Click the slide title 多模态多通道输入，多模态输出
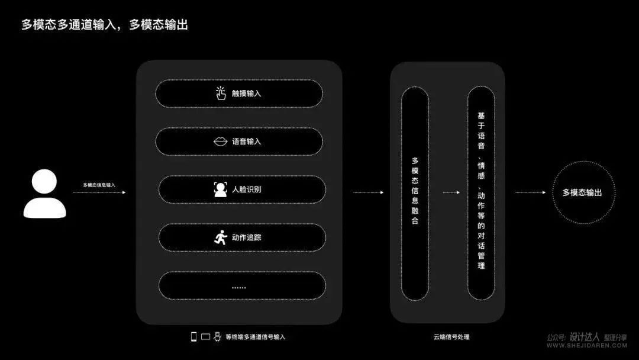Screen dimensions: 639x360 tap(105, 25)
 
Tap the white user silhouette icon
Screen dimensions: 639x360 tap(44, 194)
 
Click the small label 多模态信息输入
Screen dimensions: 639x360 tap(99, 185)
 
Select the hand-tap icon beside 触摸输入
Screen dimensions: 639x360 tap(221, 94)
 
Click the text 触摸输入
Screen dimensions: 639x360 tap(246, 94)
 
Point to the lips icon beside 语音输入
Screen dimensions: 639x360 tap(221, 142)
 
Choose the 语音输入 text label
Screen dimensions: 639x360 tap(246, 142)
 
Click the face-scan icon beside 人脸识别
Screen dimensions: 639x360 tap(221, 189)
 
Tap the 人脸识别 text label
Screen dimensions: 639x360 tap(246, 189)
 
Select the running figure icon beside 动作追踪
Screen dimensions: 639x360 tap(221, 237)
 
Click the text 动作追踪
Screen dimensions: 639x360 tap(246, 237)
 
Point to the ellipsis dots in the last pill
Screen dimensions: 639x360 tap(239, 288)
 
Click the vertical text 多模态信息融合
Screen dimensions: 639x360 tap(415, 191)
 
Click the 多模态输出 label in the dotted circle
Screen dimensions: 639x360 tap(582, 192)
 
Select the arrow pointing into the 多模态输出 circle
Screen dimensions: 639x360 tap(530, 192)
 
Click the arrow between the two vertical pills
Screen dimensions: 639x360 tap(451, 192)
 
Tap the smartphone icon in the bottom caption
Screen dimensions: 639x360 tap(193, 336)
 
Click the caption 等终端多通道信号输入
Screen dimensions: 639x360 tap(256, 337)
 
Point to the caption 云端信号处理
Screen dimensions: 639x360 tap(451, 337)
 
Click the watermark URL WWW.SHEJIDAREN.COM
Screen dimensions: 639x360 tap(587, 345)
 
